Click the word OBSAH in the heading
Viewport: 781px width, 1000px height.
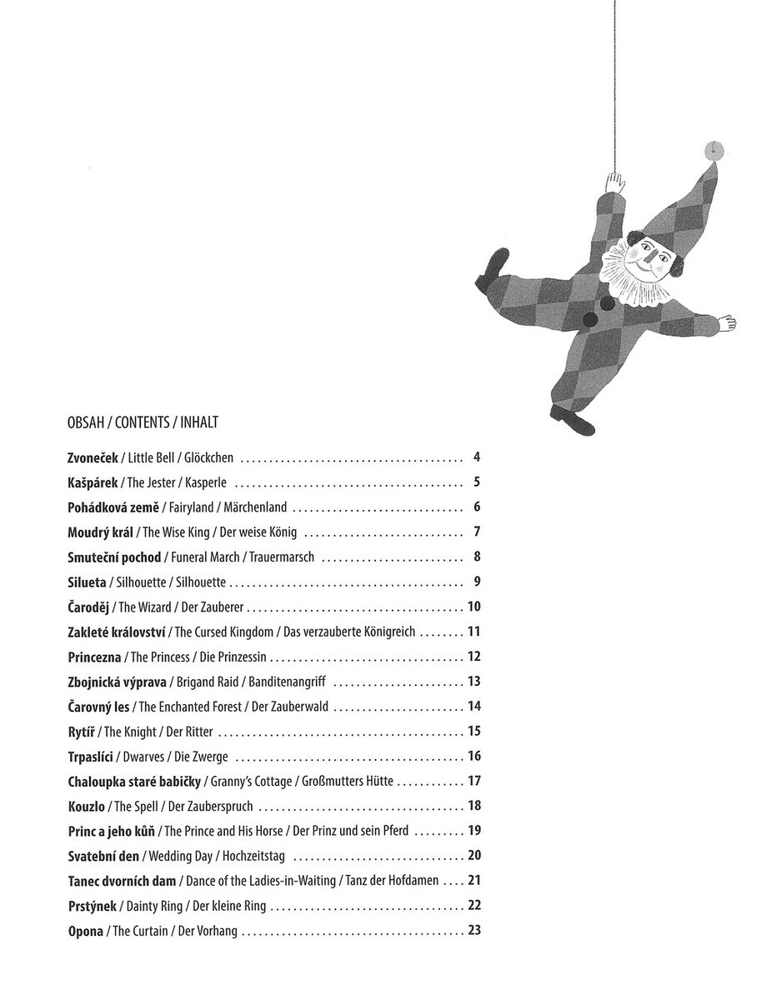pyautogui.click(x=84, y=422)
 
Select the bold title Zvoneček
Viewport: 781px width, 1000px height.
pyautogui.click(x=93, y=457)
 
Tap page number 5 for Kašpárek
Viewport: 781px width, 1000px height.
pyautogui.click(x=477, y=482)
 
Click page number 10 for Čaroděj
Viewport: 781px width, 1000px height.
pyautogui.click(x=474, y=607)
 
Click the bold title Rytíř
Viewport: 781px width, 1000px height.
pyautogui.click(x=82, y=732)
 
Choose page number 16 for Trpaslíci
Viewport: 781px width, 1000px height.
pyautogui.click(x=474, y=757)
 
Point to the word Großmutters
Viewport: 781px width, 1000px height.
pyautogui.click(x=332, y=782)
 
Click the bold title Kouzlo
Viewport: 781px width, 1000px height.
pyautogui.click(x=86, y=807)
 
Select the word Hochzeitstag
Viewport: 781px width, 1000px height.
pyautogui.click(x=258, y=856)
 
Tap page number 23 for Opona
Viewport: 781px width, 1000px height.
pyautogui.click(x=474, y=930)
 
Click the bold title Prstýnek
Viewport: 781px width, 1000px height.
pyautogui.click(x=93, y=906)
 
